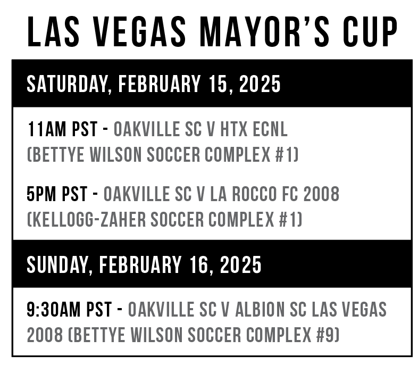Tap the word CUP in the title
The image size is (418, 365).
pos(370,31)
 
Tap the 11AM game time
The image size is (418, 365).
pos(47,129)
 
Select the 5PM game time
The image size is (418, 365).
pos(41,194)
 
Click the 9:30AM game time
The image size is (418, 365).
pos(53,309)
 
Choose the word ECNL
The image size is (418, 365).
pos(270,129)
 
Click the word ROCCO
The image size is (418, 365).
pos(254,194)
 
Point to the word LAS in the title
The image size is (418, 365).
pos(53,31)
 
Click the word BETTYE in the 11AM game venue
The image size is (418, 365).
pos(58,155)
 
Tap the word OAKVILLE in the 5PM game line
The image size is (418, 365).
pos(137,194)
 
